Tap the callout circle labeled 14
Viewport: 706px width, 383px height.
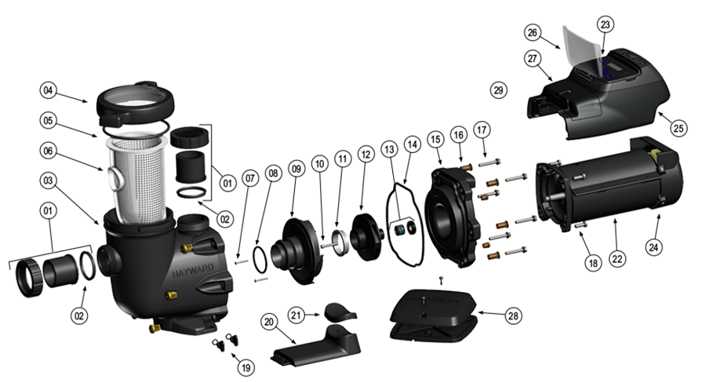point(412,145)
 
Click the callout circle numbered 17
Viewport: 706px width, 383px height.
point(481,128)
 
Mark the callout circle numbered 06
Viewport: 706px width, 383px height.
point(49,151)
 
